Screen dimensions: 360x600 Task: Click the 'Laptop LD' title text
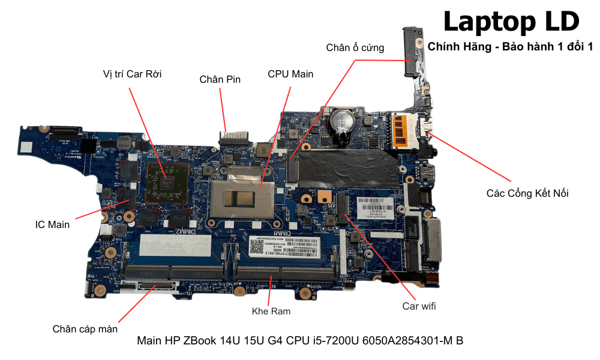click(511, 22)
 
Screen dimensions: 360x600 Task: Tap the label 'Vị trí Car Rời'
click(132, 74)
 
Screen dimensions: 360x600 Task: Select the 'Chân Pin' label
click(220, 79)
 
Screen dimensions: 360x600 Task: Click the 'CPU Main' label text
click(290, 74)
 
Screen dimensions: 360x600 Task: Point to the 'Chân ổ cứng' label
click(355, 47)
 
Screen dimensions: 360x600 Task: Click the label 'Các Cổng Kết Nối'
click(527, 193)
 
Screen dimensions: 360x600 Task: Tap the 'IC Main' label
click(52, 225)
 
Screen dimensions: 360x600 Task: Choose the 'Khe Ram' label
click(271, 311)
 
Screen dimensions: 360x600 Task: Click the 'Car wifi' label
click(419, 307)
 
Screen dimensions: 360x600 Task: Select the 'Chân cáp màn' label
click(85, 329)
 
